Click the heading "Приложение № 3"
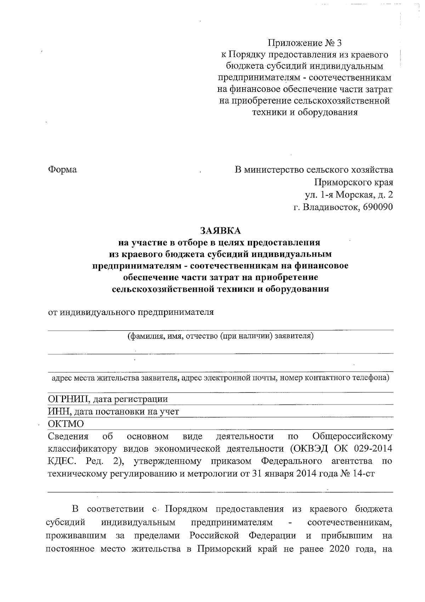[305, 43]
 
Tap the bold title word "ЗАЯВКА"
[220, 231]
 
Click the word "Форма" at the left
[62, 169]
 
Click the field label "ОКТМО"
[66, 424]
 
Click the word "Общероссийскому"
[353, 436]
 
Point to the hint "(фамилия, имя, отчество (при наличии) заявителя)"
[221, 336]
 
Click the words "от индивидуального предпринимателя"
[131, 312]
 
